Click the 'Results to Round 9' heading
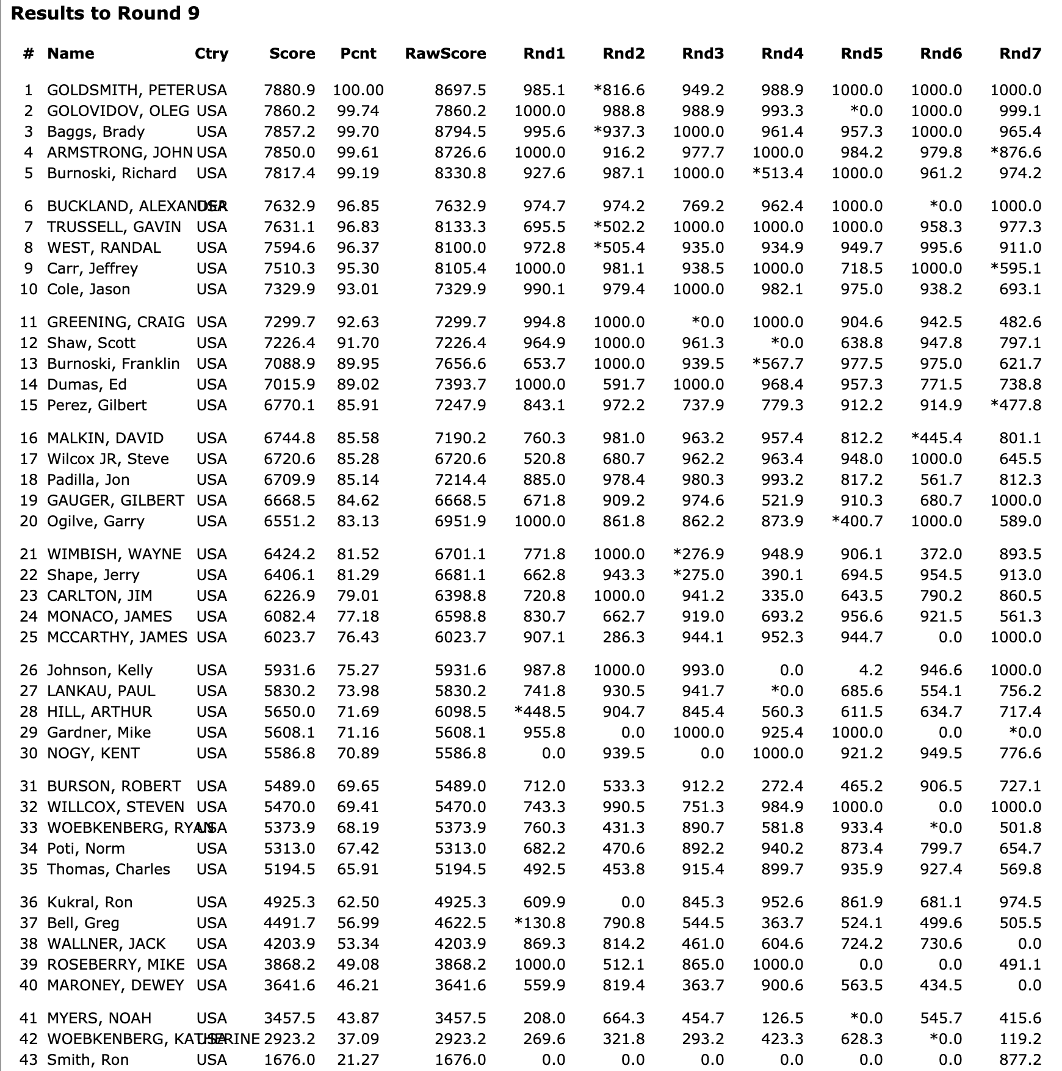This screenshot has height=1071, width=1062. pyautogui.click(x=105, y=13)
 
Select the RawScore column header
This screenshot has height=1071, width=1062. pyautogui.click(x=445, y=54)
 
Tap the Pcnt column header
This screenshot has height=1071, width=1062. pyautogui.click(x=358, y=54)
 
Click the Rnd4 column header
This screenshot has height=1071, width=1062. pyautogui.click(x=782, y=54)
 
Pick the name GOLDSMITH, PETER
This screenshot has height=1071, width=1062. pyautogui.click(x=120, y=90)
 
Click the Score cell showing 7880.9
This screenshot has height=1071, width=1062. pyautogui.click(x=289, y=90)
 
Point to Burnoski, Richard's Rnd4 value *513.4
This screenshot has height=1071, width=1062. pyautogui.click(x=778, y=173)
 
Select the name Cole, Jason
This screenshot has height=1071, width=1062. pyautogui.click(x=88, y=289)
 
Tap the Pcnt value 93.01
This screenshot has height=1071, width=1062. pyautogui.click(x=358, y=289)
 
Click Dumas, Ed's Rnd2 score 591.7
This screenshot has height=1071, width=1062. pyautogui.click(x=623, y=385)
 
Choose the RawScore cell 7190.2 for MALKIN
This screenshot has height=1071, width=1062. pyautogui.click(x=460, y=438)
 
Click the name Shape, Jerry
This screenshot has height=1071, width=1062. pyautogui.click(x=93, y=575)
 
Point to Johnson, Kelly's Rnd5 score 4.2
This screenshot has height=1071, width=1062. pyautogui.click(x=870, y=670)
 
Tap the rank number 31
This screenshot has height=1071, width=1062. pyautogui.click(x=29, y=786)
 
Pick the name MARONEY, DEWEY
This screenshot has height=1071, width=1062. pyautogui.click(x=115, y=986)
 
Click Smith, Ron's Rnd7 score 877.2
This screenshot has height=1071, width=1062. pyautogui.click(x=1020, y=1060)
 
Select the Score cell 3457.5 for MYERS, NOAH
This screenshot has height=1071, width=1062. pyautogui.click(x=289, y=1018)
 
